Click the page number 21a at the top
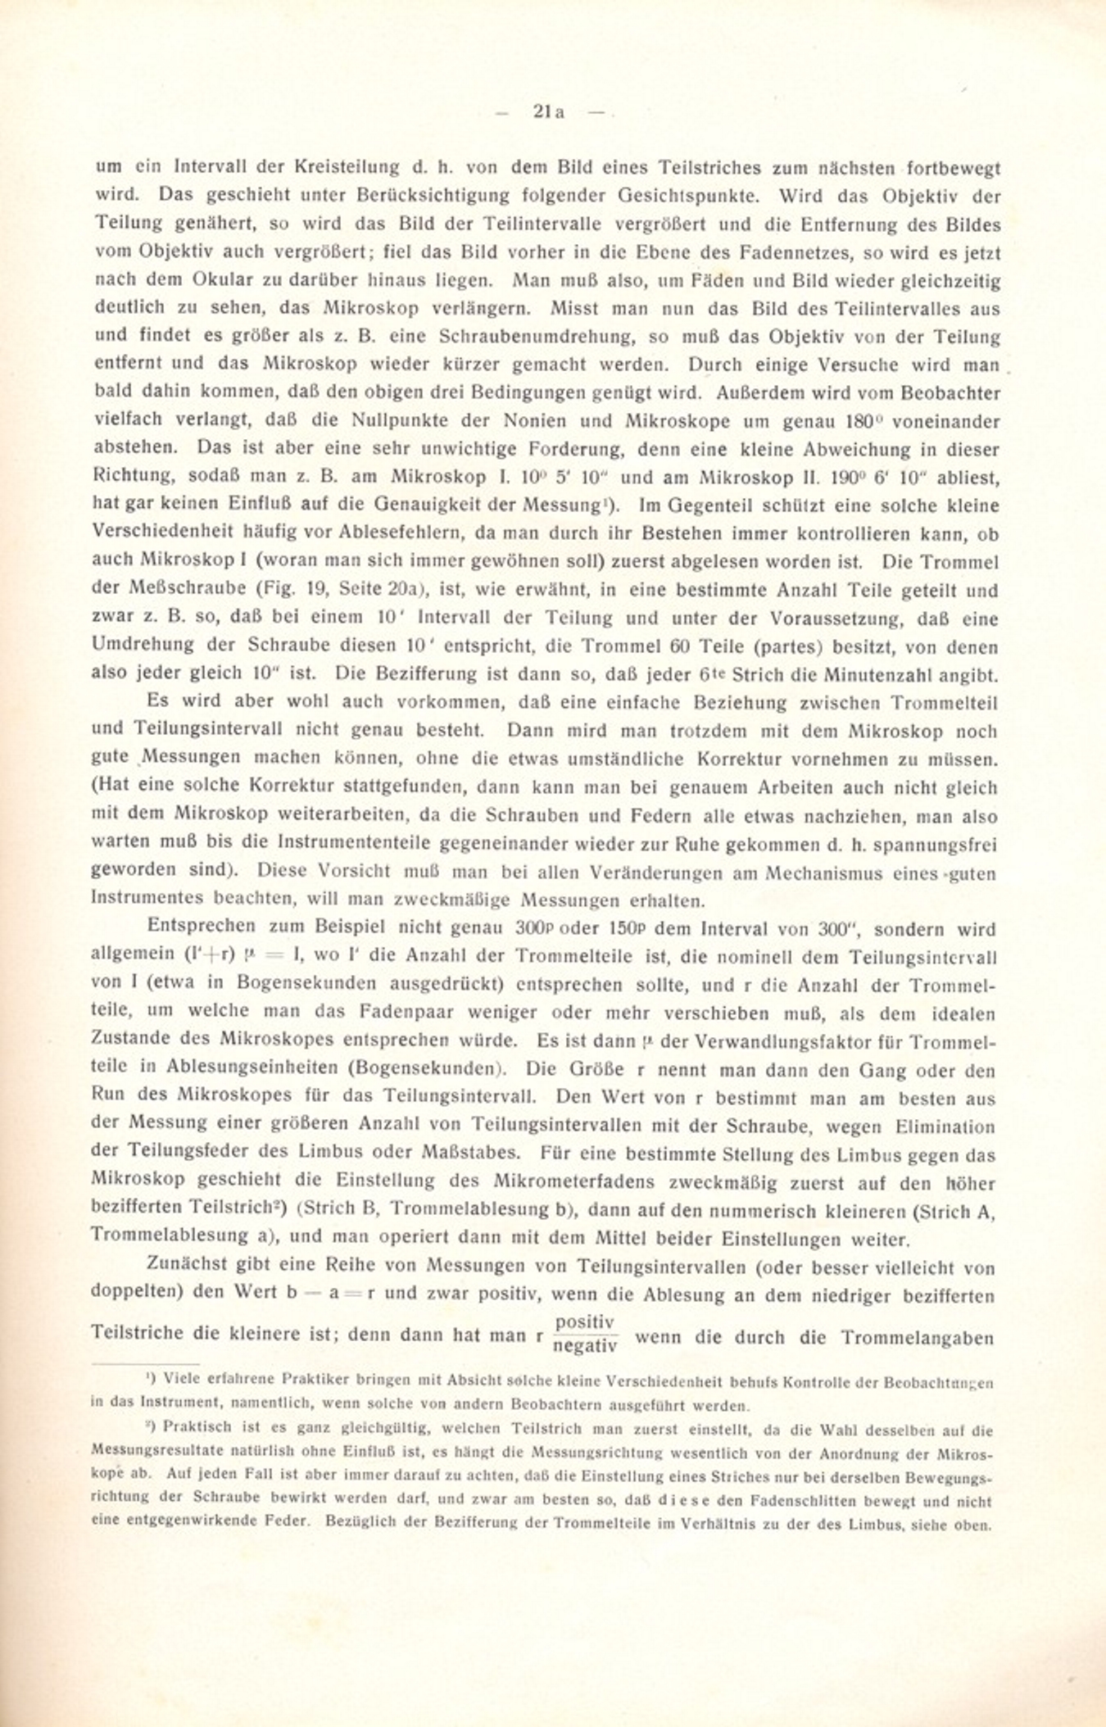[x=548, y=112]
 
